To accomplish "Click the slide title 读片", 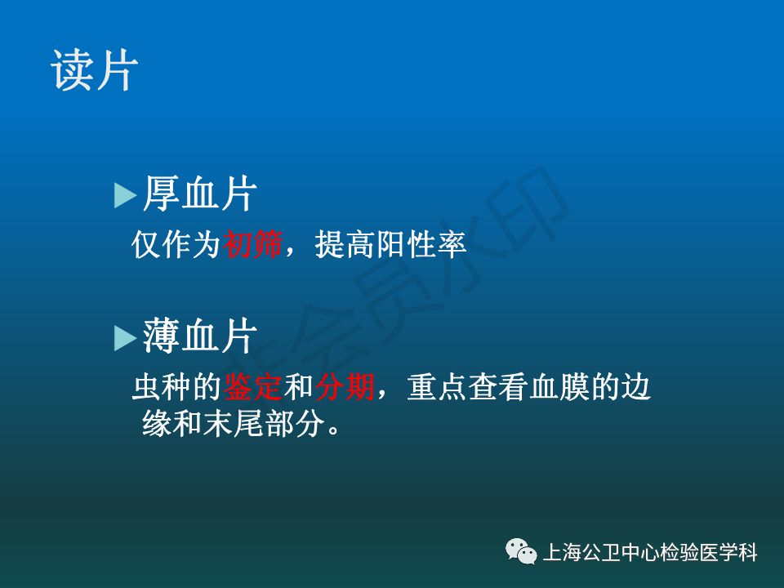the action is click(94, 70).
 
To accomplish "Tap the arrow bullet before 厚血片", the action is click(125, 195).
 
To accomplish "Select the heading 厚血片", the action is click(200, 194).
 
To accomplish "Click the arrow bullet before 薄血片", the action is click(125, 338).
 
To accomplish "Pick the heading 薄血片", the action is click(200, 336).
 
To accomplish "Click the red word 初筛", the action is click(253, 244).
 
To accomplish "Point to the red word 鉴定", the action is click(253, 386).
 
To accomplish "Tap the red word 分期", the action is click(345, 386).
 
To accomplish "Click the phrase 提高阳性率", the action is click(390, 244).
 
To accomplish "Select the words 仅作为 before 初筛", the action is click(176, 244).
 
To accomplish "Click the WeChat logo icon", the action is click(521, 551).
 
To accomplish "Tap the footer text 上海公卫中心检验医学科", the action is click(650, 553).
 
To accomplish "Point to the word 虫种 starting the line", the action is click(162, 386).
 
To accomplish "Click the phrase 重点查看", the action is click(468, 386).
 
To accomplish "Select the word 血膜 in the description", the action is click(559, 386).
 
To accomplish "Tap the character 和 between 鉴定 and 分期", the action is click(299, 386).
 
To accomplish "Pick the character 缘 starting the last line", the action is click(157, 424).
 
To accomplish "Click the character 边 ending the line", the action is click(636, 386).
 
